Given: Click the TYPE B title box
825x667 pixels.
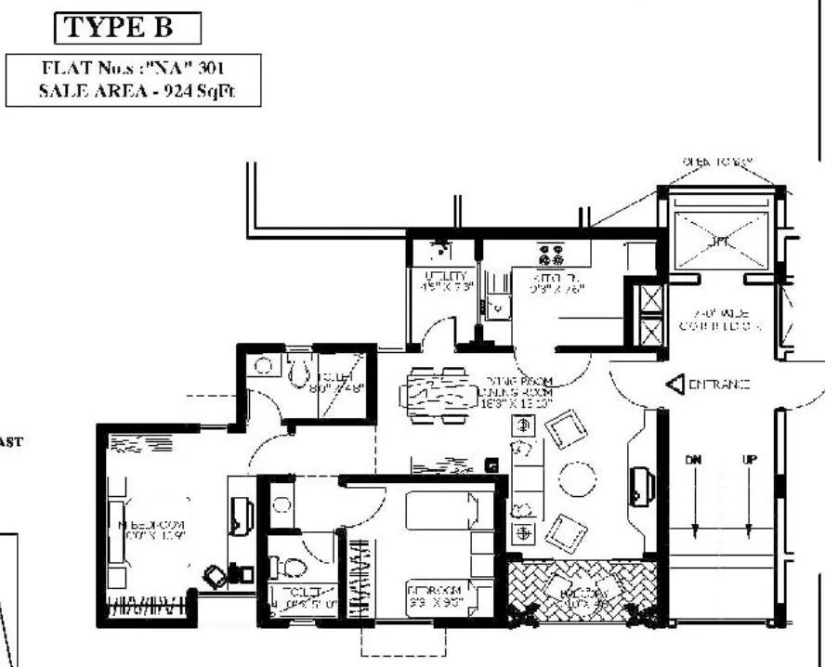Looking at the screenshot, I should (128, 29).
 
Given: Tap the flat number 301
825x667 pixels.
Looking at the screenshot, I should (212, 69).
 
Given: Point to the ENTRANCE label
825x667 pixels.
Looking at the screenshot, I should (719, 384).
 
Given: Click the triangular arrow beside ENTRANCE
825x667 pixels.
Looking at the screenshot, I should (674, 383).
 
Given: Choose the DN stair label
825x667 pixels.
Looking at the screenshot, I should (693, 460).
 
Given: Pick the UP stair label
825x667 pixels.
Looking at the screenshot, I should (748, 460).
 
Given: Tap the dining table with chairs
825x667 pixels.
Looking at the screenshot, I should (438, 396).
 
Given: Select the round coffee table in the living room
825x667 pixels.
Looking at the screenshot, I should (580, 480).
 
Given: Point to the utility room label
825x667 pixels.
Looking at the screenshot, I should (438, 281).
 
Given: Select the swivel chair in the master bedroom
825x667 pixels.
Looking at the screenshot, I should (216, 576).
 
